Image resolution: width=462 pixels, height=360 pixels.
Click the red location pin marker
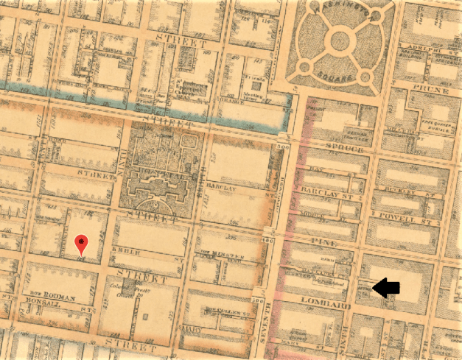82,242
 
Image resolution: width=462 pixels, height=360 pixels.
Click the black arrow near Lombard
385,289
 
